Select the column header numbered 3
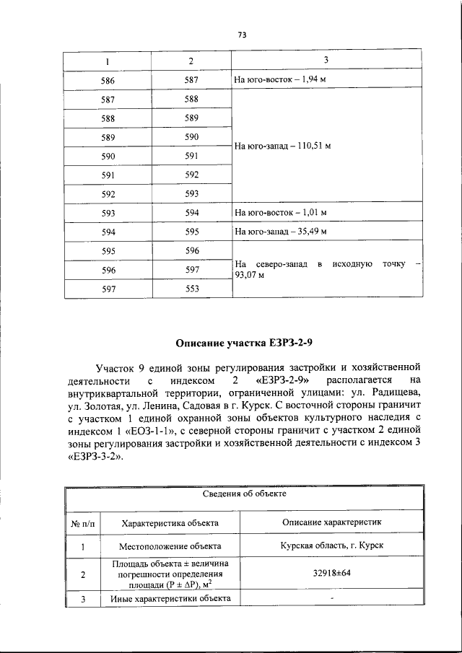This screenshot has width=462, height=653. [326, 59]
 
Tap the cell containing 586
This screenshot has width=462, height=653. [107, 79]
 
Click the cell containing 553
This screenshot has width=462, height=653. [191, 288]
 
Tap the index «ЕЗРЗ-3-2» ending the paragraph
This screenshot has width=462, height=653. [94, 457]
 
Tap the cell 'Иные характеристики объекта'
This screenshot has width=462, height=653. [170, 599]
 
